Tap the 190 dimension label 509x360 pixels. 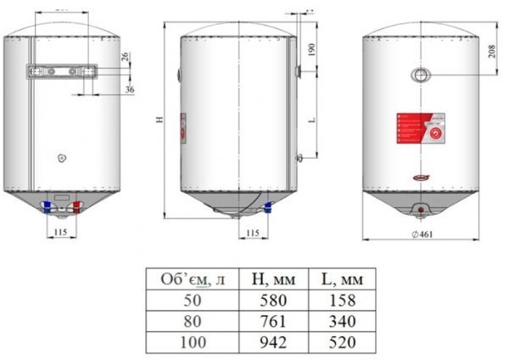click(313, 51)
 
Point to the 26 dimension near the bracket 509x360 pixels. click(126, 58)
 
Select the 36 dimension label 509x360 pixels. click(130, 88)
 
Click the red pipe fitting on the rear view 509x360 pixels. click(77, 205)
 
